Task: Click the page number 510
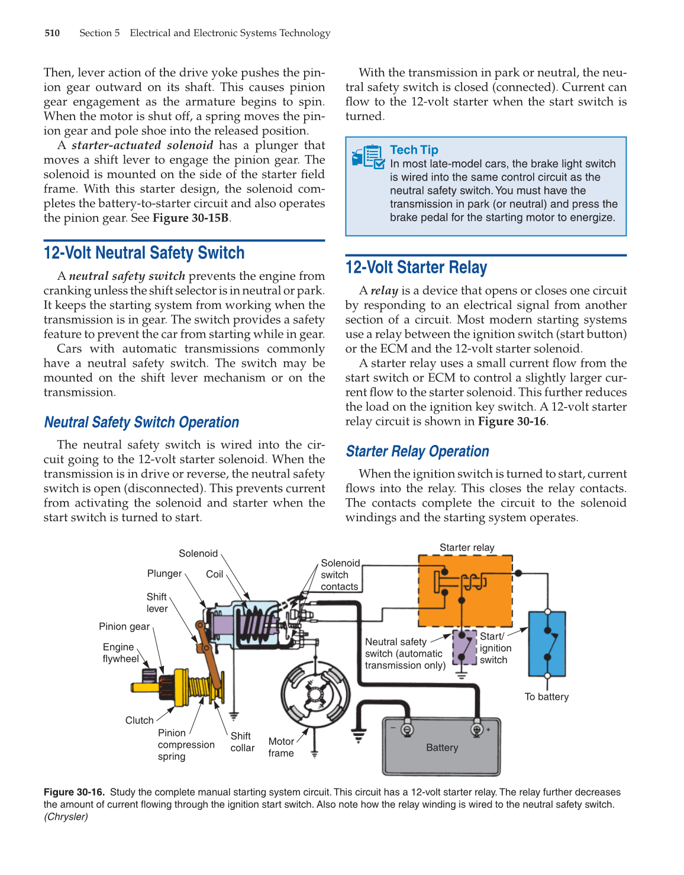pos(52,33)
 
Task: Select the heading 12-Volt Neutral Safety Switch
pos(144,253)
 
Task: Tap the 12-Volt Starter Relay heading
pos(416,267)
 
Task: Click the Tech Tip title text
pos(414,150)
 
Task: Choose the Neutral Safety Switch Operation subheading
pos(141,422)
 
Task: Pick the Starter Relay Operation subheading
pos(417,451)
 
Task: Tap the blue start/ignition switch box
pos(547,644)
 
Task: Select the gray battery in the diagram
pos(441,747)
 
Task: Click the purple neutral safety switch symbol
pos(464,647)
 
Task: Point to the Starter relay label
pos(467,548)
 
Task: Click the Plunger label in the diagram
pos(164,574)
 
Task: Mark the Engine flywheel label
pos(121,653)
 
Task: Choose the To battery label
pos(546,697)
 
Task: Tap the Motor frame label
pos(281,747)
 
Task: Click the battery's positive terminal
pos(477,729)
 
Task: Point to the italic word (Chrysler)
pos(66,817)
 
